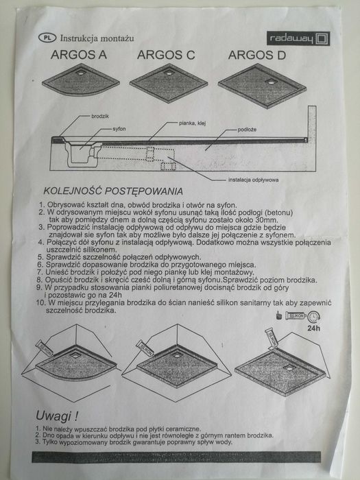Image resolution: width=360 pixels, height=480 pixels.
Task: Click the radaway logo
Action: [x=298, y=38]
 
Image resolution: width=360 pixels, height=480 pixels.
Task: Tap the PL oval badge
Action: [x=47, y=38]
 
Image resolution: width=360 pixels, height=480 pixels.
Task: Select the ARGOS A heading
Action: [x=79, y=55]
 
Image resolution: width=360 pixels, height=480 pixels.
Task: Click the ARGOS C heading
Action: [x=166, y=55]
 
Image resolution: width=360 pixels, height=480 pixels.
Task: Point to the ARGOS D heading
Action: [x=257, y=55]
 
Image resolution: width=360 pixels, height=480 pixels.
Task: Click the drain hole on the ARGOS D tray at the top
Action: [x=272, y=82]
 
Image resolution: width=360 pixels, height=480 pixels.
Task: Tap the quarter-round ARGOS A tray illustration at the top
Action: [x=80, y=80]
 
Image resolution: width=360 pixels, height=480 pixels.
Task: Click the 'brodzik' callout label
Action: [x=100, y=117]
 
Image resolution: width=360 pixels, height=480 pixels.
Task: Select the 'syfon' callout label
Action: [x=119, y=129]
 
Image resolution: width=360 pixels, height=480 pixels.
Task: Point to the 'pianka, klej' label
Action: [x=192, y=123]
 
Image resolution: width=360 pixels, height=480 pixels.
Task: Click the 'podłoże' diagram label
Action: [x=247, y=130]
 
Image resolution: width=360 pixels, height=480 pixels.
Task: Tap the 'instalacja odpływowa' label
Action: [x=254, y=180]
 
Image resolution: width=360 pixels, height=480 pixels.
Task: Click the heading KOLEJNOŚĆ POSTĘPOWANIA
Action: [x=113, y=191]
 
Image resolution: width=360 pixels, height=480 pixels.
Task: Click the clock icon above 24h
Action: [x=314, y=317]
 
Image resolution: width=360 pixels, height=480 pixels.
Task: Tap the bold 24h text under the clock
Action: [x=314, y=328]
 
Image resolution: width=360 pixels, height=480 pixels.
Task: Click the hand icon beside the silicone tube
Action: [x=278, y=315]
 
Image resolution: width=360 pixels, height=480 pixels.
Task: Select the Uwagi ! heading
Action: [x=57, y=416]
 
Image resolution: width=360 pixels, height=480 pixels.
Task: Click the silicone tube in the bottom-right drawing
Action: [x=272, y=338]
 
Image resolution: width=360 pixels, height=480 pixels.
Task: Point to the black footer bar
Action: [x=176, y=457]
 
